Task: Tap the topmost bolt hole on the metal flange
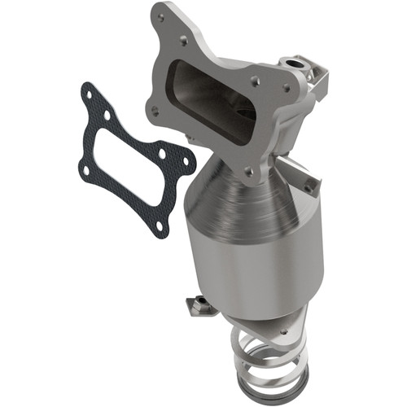[186, 38]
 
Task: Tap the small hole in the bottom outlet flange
[282, 332]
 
